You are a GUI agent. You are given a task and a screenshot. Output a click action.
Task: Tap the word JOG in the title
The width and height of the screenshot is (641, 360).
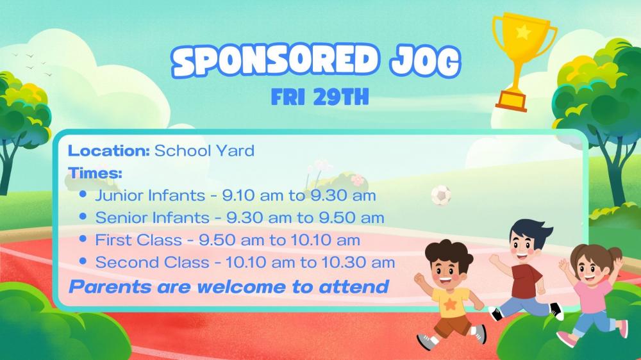[425, 62]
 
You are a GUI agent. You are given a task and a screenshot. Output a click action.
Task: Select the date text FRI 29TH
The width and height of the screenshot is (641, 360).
[320, 97]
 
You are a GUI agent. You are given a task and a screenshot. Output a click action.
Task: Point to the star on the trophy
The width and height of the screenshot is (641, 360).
[524, 32]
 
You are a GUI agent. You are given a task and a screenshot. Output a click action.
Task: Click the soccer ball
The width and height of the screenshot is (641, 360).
[441, 195]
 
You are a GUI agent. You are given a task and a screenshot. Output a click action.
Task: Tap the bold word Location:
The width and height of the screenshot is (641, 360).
[109, 151]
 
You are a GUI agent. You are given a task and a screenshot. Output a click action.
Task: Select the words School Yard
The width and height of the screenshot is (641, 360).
[204, 151]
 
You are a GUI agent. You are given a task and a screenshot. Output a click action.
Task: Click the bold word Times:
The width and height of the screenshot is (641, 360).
[96, 173]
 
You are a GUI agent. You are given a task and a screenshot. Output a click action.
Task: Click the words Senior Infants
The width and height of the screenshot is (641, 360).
[152, 218]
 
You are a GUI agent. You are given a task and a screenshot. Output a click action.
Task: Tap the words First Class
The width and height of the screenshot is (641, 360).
[138, 240]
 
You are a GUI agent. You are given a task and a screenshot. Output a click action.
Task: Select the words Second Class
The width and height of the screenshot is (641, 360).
[152, 263]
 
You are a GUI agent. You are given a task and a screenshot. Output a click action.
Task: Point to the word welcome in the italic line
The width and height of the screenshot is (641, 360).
[241, 287]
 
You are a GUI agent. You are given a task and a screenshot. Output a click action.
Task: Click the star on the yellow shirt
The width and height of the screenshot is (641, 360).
[450, 304]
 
